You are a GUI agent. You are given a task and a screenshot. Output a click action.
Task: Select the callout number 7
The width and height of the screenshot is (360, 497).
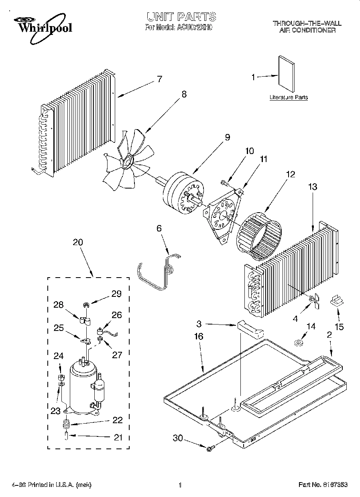coord(159,79)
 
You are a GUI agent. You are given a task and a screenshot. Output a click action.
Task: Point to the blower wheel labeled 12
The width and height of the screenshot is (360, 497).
coord(260,235)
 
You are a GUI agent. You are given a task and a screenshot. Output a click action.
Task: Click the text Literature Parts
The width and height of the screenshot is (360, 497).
coord(289,97)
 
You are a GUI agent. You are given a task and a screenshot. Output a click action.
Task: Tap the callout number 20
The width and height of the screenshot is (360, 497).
coord(78,242)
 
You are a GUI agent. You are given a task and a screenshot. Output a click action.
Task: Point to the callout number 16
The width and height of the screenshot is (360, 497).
coord(199,337)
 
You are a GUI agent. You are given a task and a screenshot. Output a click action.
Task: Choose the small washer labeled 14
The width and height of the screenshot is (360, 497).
coord(298,343)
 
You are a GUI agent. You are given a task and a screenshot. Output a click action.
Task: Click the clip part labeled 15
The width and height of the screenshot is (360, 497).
coord(336,300)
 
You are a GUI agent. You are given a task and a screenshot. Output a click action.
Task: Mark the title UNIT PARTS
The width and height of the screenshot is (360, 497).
coord(181,16)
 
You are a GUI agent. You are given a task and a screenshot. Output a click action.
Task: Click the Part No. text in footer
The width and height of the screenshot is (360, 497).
coord(323,485)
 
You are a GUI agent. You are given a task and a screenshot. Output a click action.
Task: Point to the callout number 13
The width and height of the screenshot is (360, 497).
coord(313,187)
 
